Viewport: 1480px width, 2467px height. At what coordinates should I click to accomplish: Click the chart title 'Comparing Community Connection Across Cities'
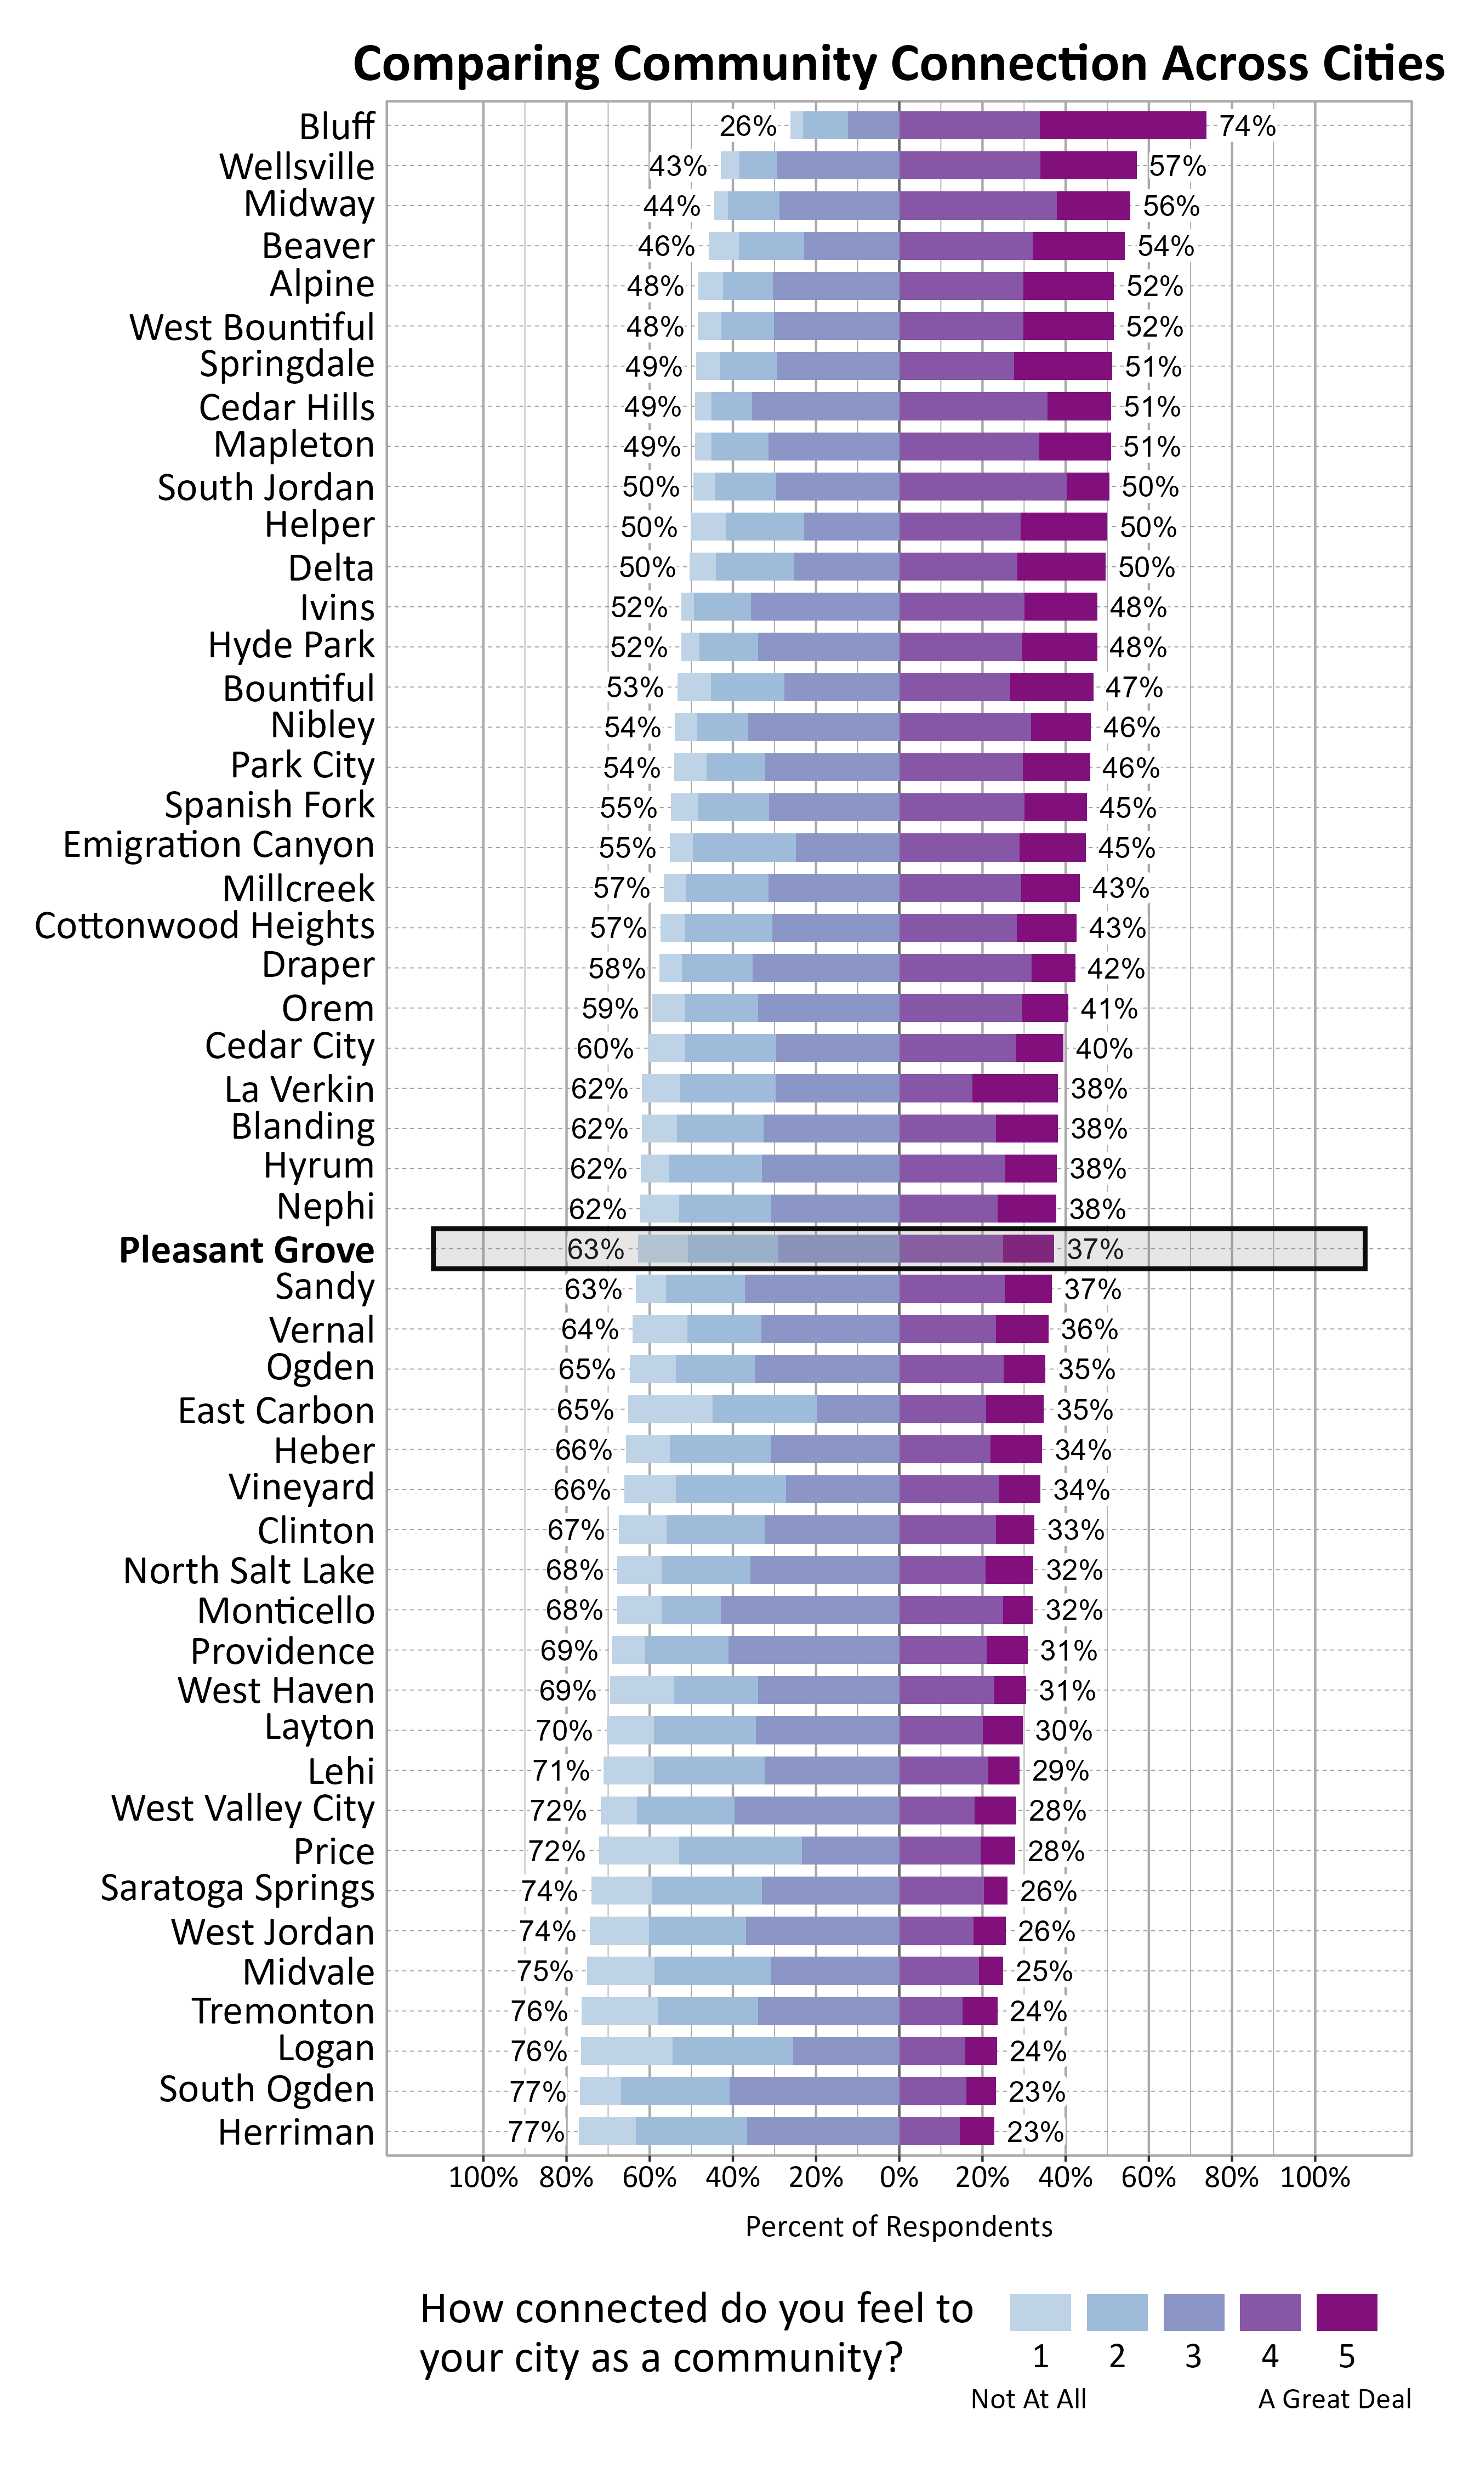point(897,64)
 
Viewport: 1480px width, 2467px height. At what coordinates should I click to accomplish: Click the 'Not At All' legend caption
point(1028,2398)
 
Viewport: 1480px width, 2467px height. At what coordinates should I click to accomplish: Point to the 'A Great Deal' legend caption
point(1334,2398)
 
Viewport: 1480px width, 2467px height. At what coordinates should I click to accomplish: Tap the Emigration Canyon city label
point(218,845)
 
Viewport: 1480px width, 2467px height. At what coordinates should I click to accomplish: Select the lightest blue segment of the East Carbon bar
point(670,1409)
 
